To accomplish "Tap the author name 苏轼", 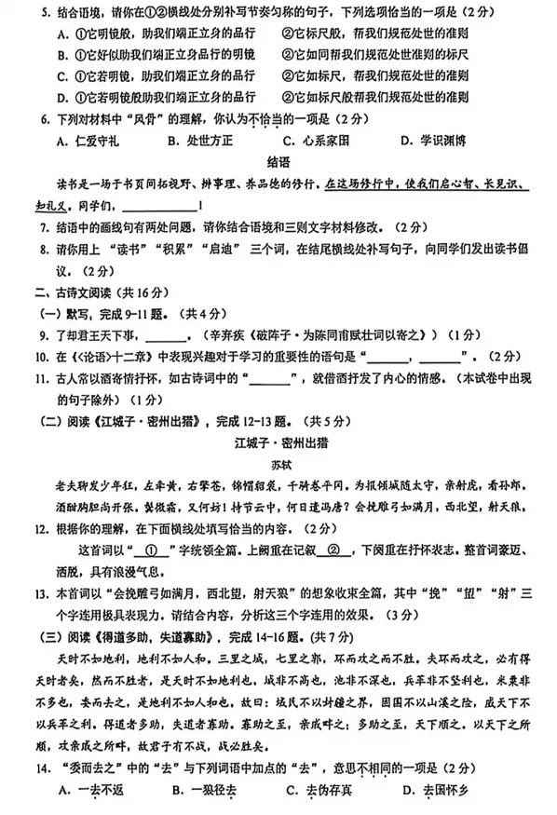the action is [x=278, y=460].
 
